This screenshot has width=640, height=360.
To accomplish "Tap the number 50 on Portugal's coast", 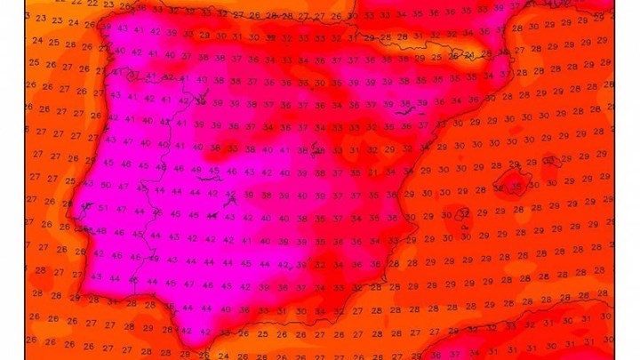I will [x=107, y=185].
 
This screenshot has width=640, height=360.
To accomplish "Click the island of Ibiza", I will [x=462, y=213].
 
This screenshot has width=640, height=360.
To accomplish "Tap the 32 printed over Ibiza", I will [x=462, y=214].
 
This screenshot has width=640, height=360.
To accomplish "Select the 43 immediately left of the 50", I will [x=88, y=185].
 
